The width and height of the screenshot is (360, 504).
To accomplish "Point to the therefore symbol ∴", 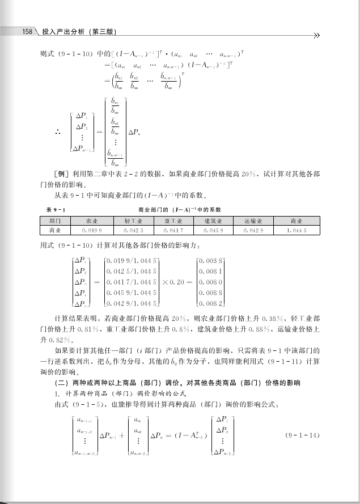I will pos(57,132).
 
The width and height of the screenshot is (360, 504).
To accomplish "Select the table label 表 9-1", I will pos(54,210).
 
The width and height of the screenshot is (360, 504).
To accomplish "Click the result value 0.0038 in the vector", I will pos(210,260).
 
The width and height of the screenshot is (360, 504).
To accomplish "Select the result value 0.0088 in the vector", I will pos(210,293).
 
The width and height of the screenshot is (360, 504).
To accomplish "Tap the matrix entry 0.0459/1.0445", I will pos(131,293).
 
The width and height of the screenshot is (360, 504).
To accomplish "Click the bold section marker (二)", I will pos(60,383).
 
